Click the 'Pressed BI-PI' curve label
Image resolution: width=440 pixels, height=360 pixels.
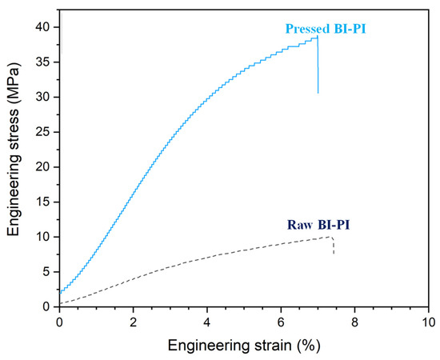(x=324, y=29)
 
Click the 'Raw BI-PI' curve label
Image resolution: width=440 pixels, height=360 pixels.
(x=318, y=225)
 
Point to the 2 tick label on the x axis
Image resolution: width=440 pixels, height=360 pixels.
(x=133, y=321)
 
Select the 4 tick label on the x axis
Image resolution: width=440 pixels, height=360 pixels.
(x=206, y=321)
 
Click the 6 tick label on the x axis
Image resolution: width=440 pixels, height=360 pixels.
(x=281, y=321)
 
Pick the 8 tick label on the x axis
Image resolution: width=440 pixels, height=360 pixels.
(x=354, y=321)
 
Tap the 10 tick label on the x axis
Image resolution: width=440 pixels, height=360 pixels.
(x=428, y=321)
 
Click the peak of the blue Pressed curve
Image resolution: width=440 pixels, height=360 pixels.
(x=317, y=37)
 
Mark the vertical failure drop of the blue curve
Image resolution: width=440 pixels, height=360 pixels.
(x=318, y=68)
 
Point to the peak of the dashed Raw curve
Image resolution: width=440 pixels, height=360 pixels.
(x=330, y=236)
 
